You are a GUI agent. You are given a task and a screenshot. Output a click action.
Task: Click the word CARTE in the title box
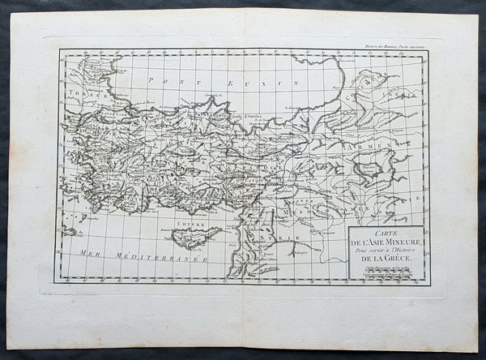[x=387, y=232]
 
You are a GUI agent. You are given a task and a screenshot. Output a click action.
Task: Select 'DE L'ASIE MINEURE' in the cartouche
[x=387, y=242]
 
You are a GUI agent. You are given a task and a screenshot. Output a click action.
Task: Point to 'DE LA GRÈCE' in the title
[x=387, y=261]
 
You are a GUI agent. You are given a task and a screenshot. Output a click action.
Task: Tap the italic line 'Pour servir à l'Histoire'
[x=387, y=251]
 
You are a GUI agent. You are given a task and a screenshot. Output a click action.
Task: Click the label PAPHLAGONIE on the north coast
[x=193, y=115]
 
